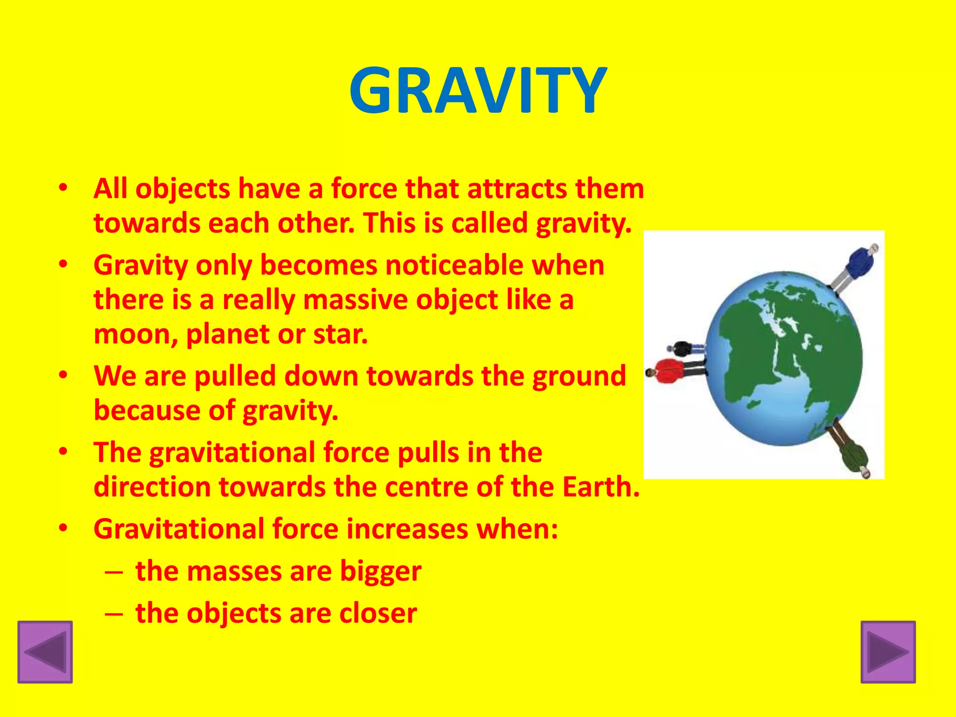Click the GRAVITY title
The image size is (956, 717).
(478, 91)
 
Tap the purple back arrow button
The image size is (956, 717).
(45, 652)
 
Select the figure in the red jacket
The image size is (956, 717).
(672, 371)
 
